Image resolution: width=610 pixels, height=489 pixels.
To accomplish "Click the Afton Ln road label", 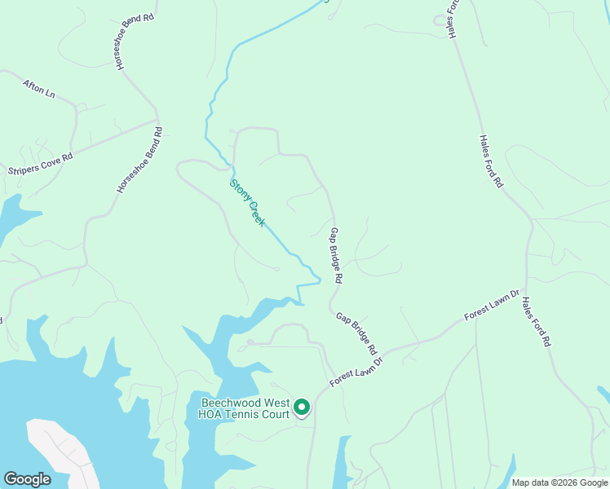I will (39, 88).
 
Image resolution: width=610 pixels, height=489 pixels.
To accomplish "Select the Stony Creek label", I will (247, 202).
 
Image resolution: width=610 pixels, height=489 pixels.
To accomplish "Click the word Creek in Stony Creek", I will (255, 213).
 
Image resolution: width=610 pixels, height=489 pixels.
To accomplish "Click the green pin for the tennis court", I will (302, 406).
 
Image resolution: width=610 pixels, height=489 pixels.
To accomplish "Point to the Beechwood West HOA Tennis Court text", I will (245, 408).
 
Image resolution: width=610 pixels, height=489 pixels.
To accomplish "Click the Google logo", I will (27, 479).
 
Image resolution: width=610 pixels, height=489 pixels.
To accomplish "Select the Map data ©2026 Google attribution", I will (559, 482).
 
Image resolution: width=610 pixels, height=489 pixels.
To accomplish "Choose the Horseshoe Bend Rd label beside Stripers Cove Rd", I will (139, 159).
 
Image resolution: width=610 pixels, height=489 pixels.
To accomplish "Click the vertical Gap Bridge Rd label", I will (335, 255).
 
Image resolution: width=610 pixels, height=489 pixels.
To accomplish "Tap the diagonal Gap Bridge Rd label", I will (356, 333).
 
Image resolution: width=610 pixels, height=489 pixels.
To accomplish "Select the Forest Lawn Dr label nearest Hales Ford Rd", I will (492, 304).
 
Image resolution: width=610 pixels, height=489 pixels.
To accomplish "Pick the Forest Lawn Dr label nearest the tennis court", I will (356, 372).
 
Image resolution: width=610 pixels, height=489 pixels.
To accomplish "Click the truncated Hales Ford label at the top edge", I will (453, 19).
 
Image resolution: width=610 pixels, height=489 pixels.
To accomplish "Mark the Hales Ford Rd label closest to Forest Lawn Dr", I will (536, 322).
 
